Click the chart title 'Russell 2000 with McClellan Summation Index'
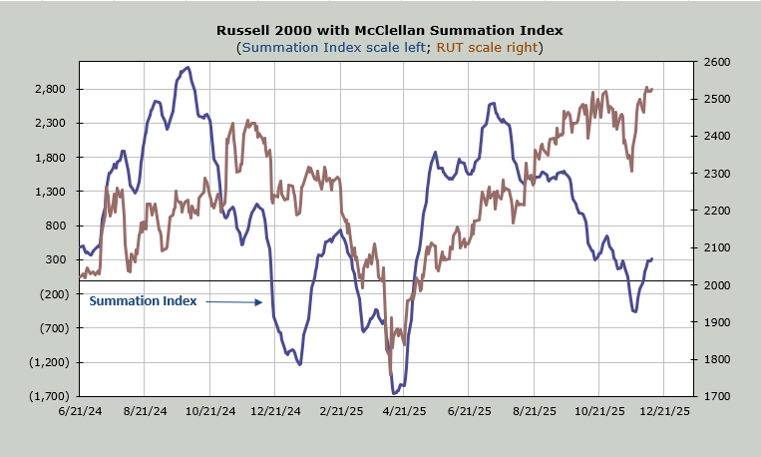tap(389, 30)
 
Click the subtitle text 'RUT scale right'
tap(485, 47)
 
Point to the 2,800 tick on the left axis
tap(50, 89)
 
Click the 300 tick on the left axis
tap(56, 259)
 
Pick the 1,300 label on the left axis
tap(50, 192)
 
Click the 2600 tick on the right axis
tap(717, 62)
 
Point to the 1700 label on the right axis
tap(717, 396)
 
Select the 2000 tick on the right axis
tap(717, 285)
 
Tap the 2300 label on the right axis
tap(717, 174)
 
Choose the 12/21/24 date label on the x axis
tap(274, 410)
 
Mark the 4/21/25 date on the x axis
tap(404, 410)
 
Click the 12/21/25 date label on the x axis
tap(664, 410)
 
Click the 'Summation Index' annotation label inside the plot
tap(144, 300)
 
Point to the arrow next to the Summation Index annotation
tap(235, 301)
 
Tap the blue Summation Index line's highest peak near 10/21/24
tap(188, 68)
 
